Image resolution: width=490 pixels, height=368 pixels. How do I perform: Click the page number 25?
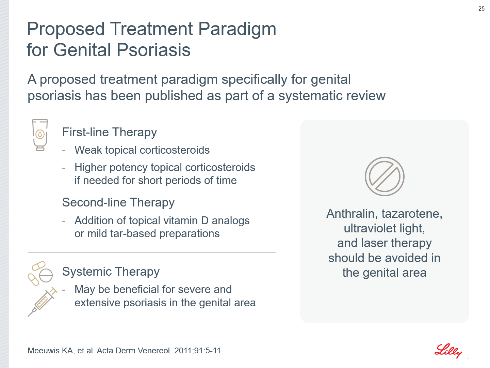click(481, 9)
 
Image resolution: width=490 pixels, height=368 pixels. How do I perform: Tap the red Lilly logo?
click(448, 351)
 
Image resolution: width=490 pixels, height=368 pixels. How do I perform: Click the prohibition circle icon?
click(385, 177)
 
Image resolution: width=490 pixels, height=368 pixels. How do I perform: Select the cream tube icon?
click(40, 135)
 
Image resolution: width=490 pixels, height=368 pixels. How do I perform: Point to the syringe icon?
click(43, 302)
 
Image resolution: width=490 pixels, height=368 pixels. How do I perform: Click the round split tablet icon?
click(46, 275)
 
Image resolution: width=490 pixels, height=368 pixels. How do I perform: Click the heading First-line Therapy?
click(109, 132)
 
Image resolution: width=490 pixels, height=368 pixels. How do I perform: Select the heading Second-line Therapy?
click(118, 202)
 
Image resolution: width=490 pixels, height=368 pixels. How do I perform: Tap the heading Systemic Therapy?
click(111, 272)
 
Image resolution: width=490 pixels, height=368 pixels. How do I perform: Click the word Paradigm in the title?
click(237, 29)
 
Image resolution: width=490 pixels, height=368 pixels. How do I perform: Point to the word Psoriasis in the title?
click(153, 50)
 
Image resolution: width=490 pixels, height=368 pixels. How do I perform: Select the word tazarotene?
click(412, 214)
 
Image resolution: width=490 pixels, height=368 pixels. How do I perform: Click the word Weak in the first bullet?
click(88, 150)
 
